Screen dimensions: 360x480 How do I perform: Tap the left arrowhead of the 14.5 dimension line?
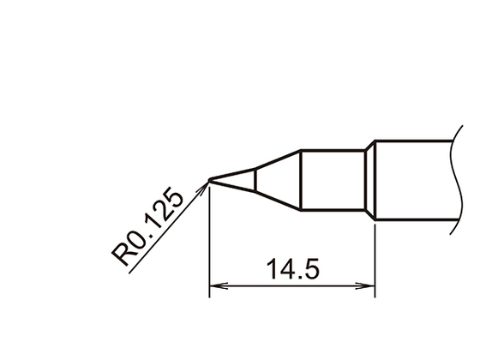pyautogui.click(x=216, y=286)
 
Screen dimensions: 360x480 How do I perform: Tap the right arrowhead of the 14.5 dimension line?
pyautogui.click(x=369, y=286)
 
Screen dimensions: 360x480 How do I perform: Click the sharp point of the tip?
pyautogui.click(x=210, y=180)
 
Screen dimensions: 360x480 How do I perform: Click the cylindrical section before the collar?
pyautogui.click(x=333, y=180)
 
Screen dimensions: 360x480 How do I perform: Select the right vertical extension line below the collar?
pyautogui.click(x=375, y=257)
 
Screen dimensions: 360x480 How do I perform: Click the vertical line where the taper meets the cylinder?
pyautogui.click(x=299, y=180)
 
